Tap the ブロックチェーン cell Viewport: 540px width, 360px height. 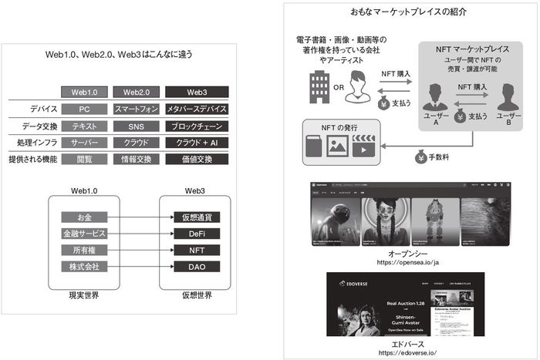pyautogui.click(x=196, y=126)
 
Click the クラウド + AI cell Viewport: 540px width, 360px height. pyautogui.click(x=196, y=143)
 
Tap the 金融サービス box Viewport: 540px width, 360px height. pyautogui.click(x=86, y=233)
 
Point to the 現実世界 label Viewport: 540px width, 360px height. pyautogui.click(x=86, y=294)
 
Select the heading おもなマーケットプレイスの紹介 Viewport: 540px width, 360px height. pyautogui.click(x=407, y=12)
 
